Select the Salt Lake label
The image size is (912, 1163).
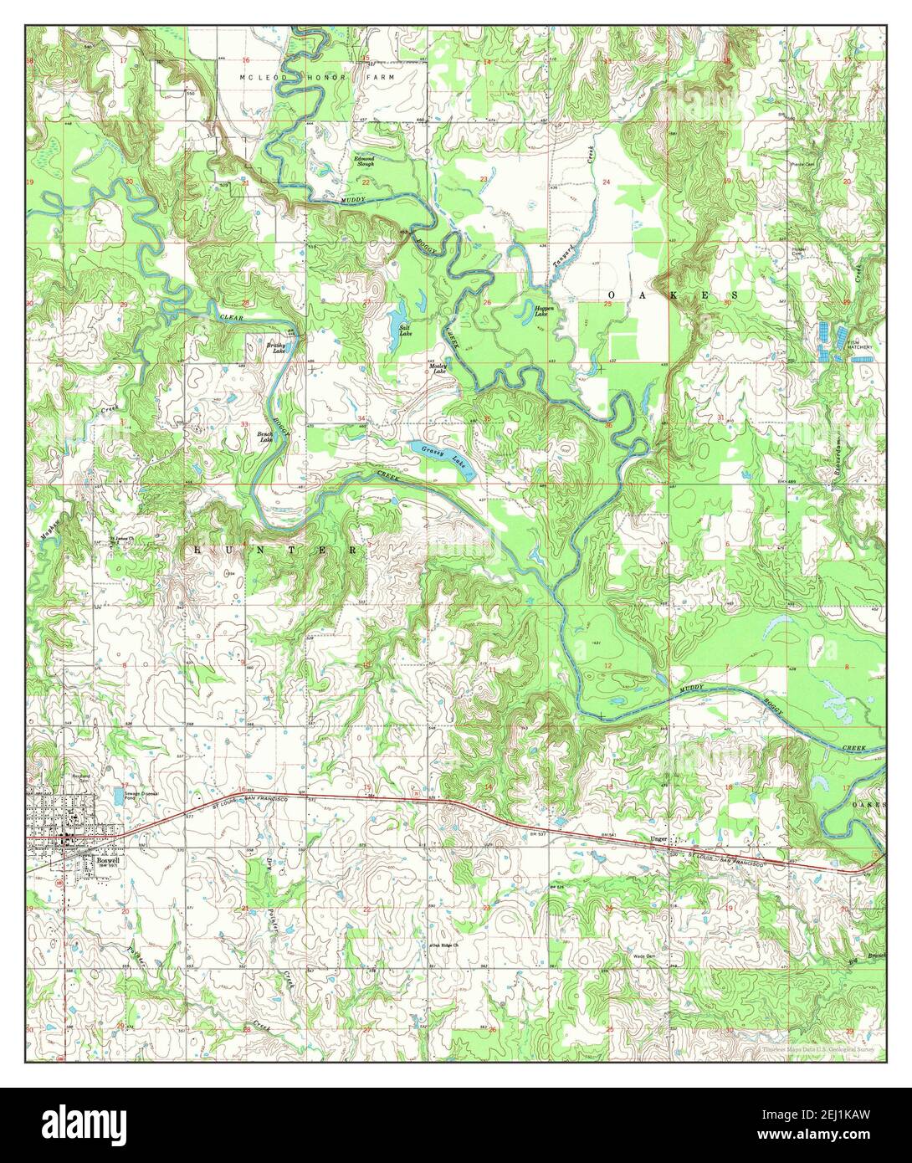405,331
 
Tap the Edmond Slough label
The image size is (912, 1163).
364,161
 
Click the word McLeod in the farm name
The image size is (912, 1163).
259,77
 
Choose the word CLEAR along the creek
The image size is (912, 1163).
232,318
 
